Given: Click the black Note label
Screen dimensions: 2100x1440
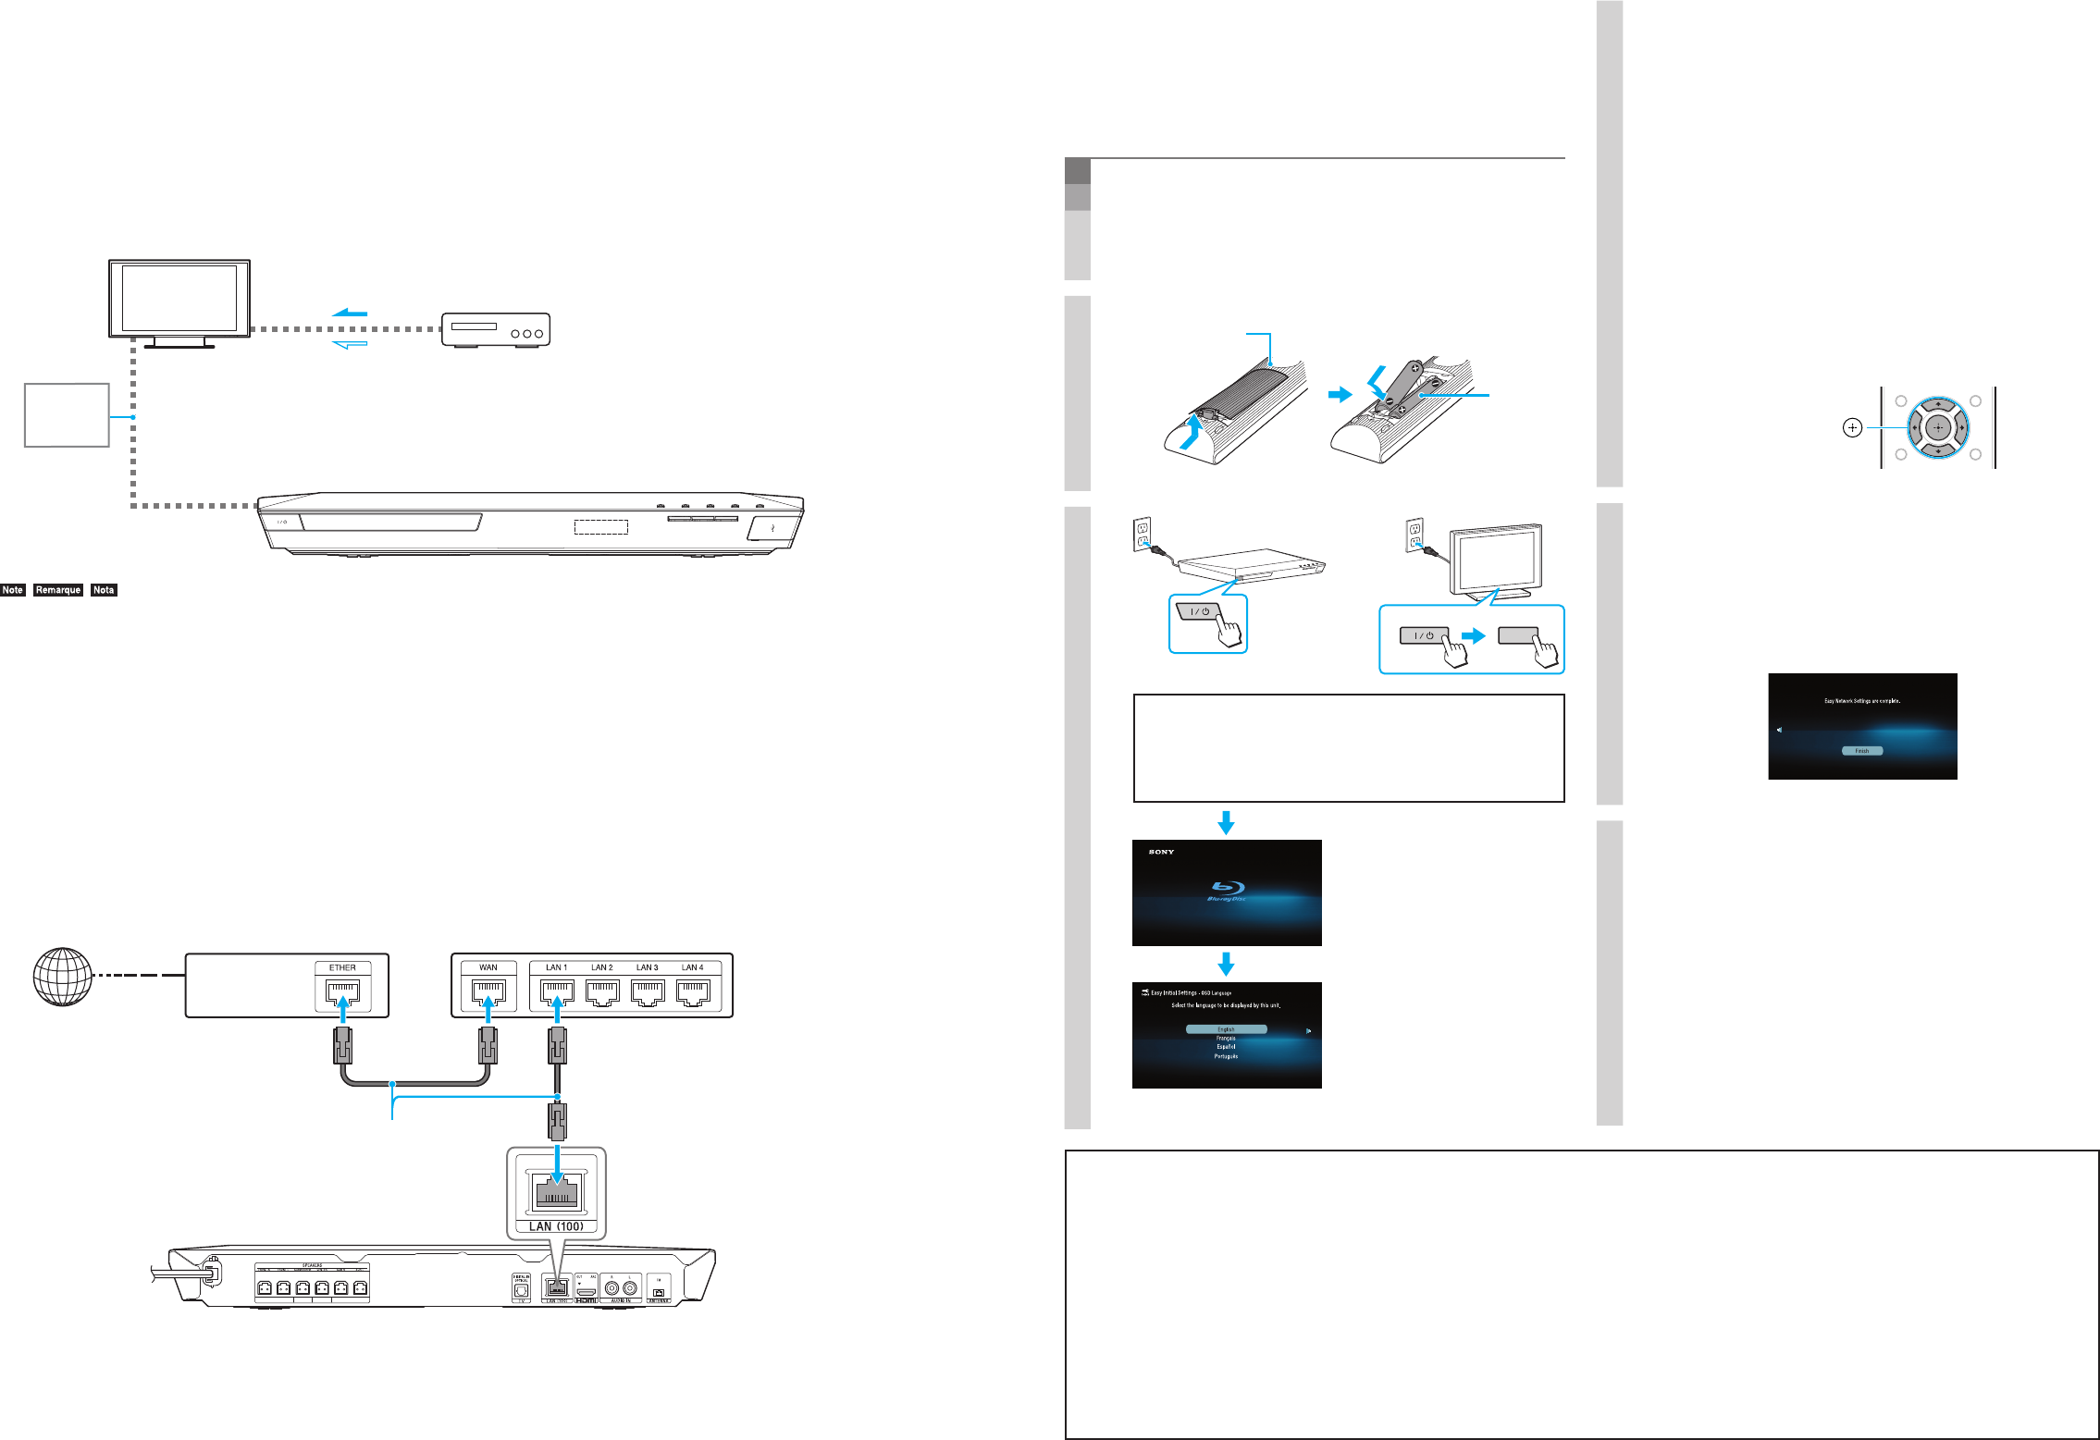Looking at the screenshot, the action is point(13,590).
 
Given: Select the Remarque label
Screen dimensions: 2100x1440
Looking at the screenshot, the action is point(58,590).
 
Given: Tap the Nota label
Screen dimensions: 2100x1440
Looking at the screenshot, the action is point(104,590).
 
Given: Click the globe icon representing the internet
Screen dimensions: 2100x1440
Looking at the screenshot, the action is point(62,976).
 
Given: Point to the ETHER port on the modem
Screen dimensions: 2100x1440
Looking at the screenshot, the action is point(342,993).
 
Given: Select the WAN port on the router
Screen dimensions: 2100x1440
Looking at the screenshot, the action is point(488,993).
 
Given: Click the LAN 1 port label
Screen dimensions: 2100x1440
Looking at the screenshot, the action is point(556,967).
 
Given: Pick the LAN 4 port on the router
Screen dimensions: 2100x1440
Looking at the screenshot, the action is point(692,993).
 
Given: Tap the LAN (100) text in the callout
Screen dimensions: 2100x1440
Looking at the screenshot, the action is point(556,1226).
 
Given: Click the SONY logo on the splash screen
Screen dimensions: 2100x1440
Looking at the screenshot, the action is point(1161,852).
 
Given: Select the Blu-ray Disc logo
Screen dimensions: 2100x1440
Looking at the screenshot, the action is point(1227,891).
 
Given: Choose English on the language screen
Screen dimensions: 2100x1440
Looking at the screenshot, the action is point(1226,1029).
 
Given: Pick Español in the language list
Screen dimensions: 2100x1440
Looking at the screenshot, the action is point(1226,1047).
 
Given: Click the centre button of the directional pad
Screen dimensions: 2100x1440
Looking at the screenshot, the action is point(1937,428).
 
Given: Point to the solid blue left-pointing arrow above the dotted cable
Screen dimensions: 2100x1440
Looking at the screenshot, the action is point(350,313).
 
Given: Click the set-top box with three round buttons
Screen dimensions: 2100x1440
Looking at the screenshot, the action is point(496,330).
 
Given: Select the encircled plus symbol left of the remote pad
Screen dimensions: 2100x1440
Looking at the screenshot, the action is point(1852,428).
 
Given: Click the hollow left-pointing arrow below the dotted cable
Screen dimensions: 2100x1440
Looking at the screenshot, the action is point(350,344).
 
